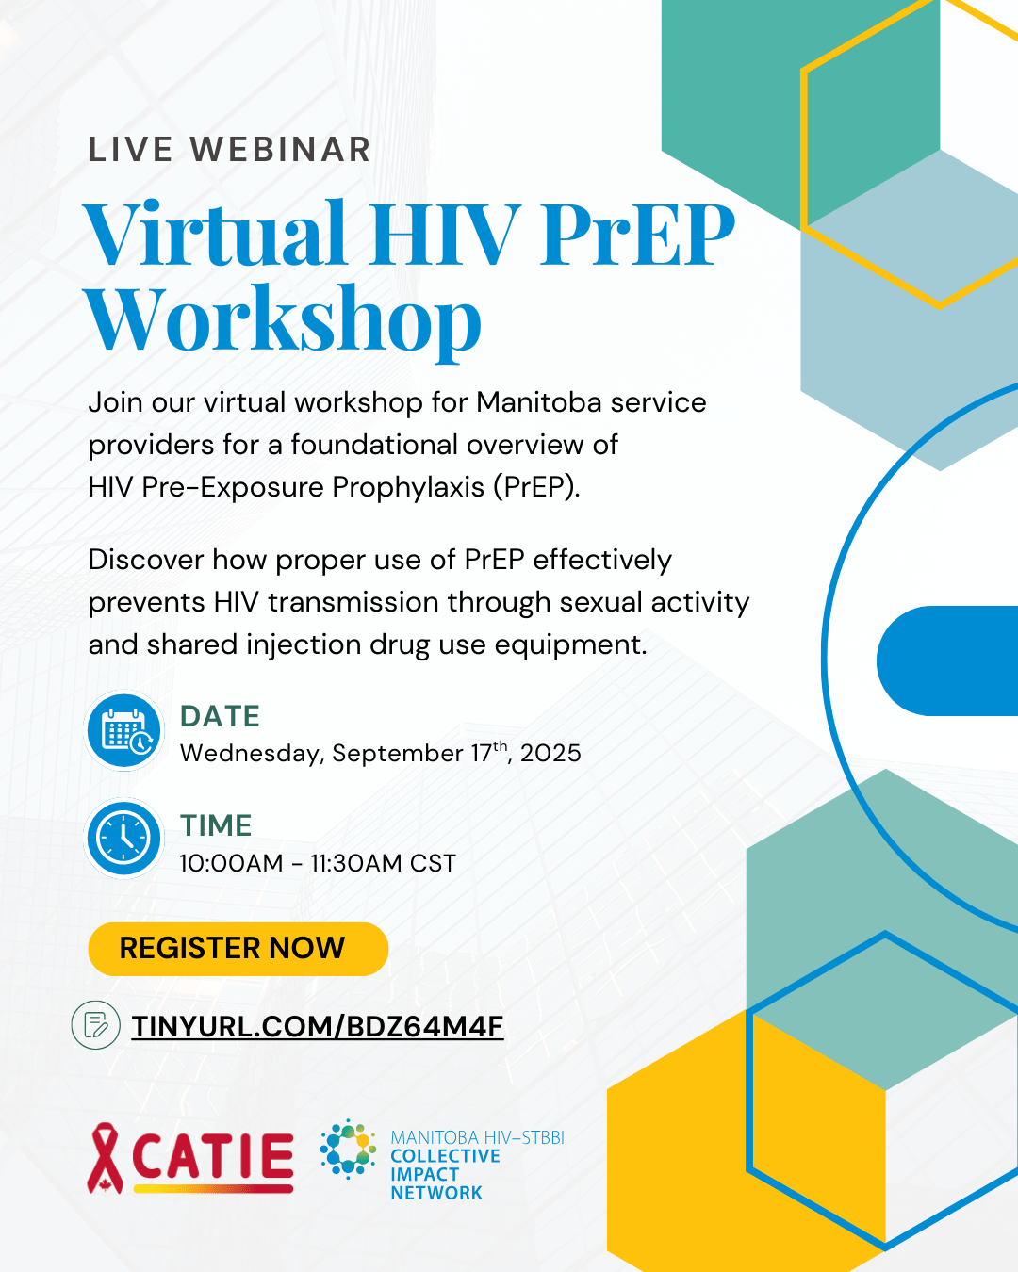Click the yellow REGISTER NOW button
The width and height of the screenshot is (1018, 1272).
click(x=238, y=948)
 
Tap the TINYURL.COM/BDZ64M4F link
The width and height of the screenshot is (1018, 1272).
click(x=317, y=1026)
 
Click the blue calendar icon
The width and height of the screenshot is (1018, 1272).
click(x=123, y=730)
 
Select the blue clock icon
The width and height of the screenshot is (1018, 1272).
click(x=123, y=839)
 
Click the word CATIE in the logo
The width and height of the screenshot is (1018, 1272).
click(x=213, y=1156)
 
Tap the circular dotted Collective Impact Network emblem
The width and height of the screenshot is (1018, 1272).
click(x=348, y=1150)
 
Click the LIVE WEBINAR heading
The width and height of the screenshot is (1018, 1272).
click(x=229, y=149)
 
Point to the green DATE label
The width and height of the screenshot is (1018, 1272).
click(x=220, y=716)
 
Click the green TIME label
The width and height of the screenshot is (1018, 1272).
click(x=216, y=825)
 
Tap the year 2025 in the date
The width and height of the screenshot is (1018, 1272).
click(x=550, y=754)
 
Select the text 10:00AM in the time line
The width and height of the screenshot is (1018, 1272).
click(x=231, y=864)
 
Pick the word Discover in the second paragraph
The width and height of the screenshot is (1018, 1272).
click(x=145, y=560)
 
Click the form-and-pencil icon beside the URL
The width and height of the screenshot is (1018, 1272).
click(x=96, y=1025)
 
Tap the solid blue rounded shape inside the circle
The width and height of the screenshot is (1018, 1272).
click(x=947, y=660)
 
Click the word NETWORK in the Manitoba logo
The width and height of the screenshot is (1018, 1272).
click(x=436, y=1194)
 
